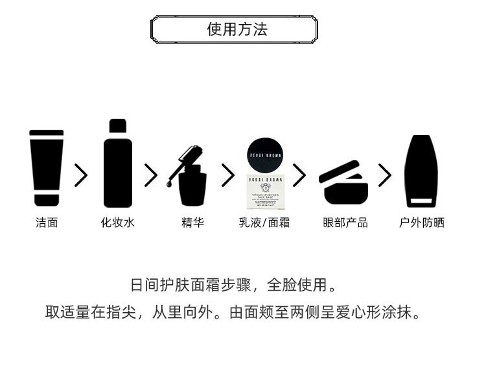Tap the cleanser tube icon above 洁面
point(47,168)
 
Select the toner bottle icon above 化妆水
point(118,164)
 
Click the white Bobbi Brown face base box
point(265,191)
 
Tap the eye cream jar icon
point(343,183)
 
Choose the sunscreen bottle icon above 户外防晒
point(421,171)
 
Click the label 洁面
point(47,223)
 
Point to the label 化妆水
point(118,223)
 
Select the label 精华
point(192,223)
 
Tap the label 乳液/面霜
point(264,223)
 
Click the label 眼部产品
point(345,223)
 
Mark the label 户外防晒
point(422,223)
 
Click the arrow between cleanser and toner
point(81,175)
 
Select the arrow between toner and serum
point(151,175)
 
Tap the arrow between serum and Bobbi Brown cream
point(228,175)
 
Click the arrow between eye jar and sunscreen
point(385,175)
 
